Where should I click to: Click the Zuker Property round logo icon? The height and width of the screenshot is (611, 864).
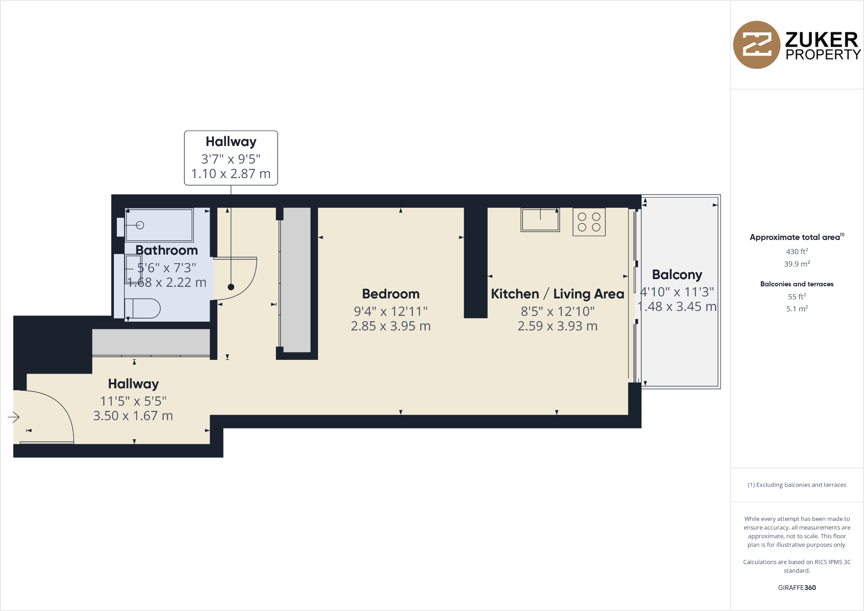(x=756, y=45)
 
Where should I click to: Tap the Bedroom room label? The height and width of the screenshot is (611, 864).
(x=391, y=294)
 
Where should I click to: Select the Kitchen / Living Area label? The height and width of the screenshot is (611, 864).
(x=557, y=294)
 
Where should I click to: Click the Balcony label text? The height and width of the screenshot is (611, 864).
(x=677, y=275)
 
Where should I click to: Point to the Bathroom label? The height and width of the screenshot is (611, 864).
(x=167, y=250)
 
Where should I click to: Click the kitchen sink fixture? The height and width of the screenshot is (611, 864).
(x=540, y=220)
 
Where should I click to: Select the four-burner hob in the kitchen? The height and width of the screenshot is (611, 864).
(x=589, y=222)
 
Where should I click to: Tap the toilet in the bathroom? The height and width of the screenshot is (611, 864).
(x=143, y=308)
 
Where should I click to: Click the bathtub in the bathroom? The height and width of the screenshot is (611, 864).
(x=159, y=225)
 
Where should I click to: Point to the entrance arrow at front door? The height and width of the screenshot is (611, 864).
(x=14, y=417)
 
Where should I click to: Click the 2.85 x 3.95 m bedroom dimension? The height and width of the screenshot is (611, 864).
(x=391, y=326)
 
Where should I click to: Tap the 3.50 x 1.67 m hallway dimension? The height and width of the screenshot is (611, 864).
(x=133, y=416)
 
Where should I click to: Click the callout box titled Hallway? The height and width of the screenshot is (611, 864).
(x=231, y=158)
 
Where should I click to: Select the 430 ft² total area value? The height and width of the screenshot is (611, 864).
(x=797, y=252)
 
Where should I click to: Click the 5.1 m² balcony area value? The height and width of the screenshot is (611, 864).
(x=797, y=309)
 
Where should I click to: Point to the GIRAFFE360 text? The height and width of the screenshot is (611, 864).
(x=797, y=588)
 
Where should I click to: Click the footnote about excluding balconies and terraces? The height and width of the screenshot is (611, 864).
(x=797, y=485)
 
